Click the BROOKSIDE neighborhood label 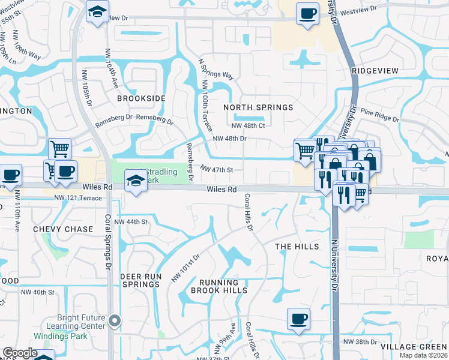[x=141, y=98]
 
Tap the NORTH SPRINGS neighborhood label [x=258, y=107]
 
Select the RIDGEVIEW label [x=375, y=71]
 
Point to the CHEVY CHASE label [x=63, y=229]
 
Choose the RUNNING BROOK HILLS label [x=219, y=286]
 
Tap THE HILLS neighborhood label [x=297, y=247]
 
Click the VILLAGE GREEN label [x=414, y=347]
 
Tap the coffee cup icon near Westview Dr [x=308, y=14]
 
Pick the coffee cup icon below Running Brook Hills [x=298, y=319]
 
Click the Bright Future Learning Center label [x=82, y=322]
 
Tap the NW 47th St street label [x=216, y=170]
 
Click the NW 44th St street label [x=131, y=221]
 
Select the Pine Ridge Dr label [x=380, y=116]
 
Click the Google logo [x=20, y=353]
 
